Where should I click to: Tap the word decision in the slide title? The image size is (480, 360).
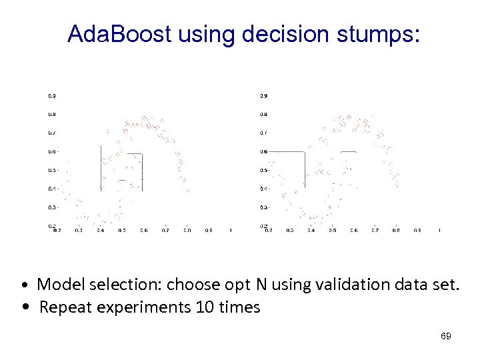click(281, 33)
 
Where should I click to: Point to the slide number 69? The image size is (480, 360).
click(446, 336)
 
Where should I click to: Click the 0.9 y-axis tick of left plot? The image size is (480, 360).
click(51, 95)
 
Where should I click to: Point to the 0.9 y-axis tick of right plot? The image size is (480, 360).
click(263, 95)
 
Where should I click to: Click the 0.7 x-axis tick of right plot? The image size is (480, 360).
click(375, 231)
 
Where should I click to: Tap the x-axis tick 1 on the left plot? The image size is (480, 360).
click(230, 231)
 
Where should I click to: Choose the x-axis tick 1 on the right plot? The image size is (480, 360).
click(439, 231)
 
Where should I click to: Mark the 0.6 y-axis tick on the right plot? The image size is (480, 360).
click(263, 151)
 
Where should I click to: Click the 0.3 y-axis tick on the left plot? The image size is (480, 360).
click(51, 207)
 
